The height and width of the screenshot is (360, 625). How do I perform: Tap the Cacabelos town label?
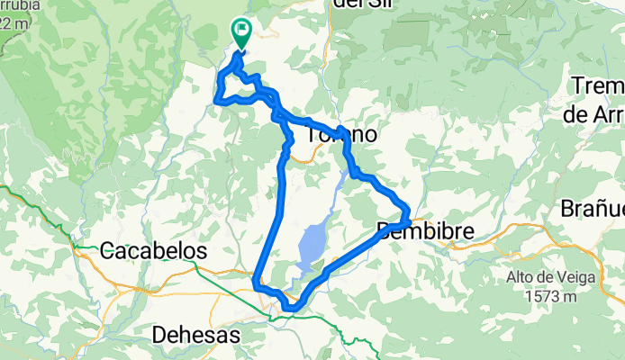click(x=154, y=250)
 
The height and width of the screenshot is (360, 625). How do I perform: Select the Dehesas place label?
click(x=196, y=335)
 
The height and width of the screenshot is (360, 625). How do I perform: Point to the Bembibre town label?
click(x=425, y=231)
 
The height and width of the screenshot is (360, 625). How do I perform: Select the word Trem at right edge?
click(x=598, y=87)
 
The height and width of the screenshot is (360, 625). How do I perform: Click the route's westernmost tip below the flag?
click(x=217, y=101)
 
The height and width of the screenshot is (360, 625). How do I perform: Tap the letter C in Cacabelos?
click(x=107, y=250)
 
